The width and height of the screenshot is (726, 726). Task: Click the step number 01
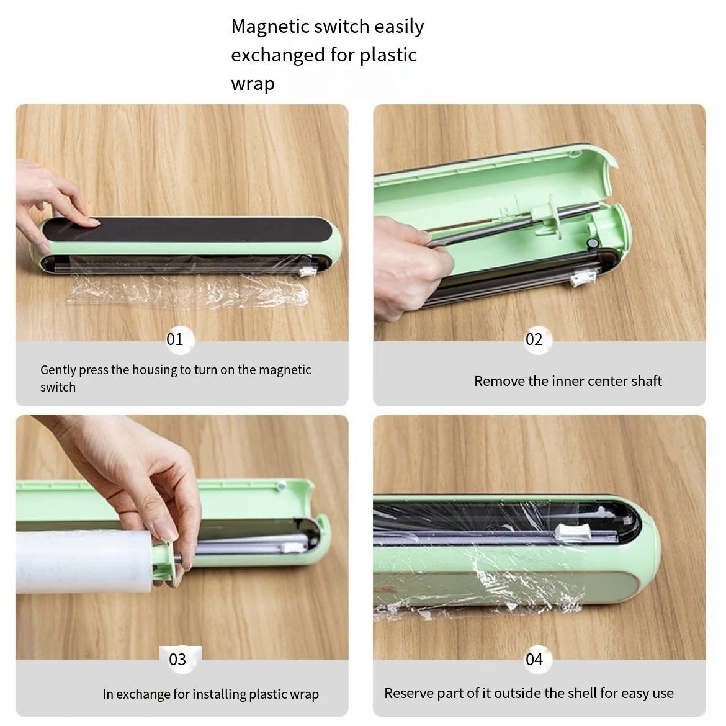click(x=175, y=339)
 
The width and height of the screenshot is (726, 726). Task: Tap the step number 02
click(x=534, y=339)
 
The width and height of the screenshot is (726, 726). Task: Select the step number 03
click(x=177, y=660)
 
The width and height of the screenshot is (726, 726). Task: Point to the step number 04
click(x=534, y=660)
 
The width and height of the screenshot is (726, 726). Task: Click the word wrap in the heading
click(x=253, y=84)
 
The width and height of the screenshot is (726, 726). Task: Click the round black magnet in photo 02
click(x=592, y=243)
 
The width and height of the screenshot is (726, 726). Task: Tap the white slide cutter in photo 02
click(x=581, y=279)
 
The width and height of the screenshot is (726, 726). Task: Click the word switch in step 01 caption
click(x=58, y=387)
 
